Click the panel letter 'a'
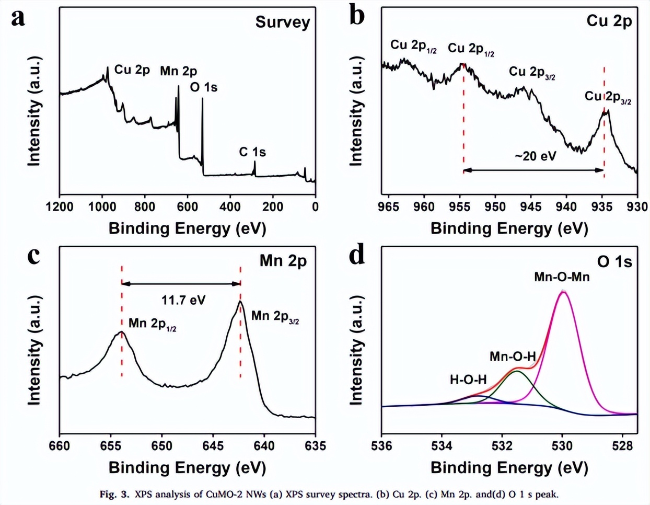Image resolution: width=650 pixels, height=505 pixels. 18,18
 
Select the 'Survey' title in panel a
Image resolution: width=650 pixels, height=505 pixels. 283,22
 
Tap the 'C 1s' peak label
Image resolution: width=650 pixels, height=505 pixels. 252,152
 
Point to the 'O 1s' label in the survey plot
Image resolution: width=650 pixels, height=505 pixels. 204,87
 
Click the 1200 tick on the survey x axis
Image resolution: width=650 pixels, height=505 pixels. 60,206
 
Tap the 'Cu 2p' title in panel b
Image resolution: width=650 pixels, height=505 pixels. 609,21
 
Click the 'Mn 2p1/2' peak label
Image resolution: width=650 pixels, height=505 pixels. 152,324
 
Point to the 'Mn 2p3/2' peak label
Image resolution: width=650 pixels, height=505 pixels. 275,316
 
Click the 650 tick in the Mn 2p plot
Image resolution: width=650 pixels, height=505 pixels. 161,446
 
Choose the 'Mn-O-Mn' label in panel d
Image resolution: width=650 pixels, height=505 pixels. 562,277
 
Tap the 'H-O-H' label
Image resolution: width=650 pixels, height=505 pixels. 468,380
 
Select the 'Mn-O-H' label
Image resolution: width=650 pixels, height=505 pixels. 513,357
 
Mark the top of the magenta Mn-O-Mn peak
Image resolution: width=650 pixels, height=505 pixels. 563,292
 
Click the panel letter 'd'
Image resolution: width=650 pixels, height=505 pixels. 357,256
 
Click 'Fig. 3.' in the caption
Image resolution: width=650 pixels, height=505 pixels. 114,494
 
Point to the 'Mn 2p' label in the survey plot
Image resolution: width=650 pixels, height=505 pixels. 179,71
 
